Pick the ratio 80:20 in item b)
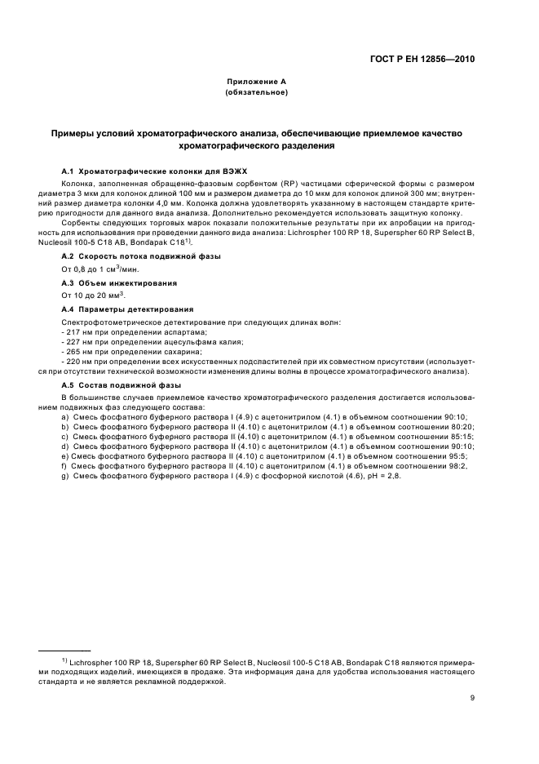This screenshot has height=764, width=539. click(x=463, y=426)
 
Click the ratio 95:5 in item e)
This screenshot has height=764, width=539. click(x=464, y=455)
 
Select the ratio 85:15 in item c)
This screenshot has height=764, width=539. click(x=463, y=436)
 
